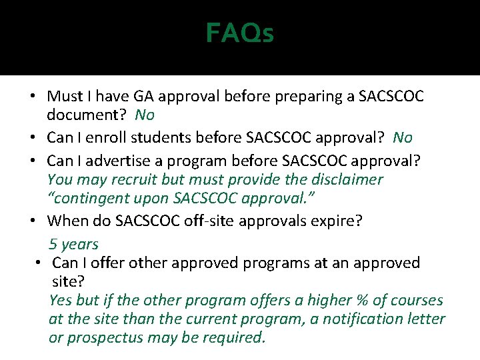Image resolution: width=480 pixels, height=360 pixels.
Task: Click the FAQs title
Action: click(x=239, y=33)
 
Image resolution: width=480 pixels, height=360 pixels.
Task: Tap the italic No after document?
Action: click(x=145, y=115)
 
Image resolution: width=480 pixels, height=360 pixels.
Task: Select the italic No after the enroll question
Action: click(x=403, y=138)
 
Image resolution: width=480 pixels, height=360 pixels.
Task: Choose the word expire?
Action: click(x=337, y=221)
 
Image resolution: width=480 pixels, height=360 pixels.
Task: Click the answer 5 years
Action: click(x=73, y=244)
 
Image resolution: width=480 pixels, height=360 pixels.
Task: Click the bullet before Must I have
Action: click(x=32, y=97)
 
